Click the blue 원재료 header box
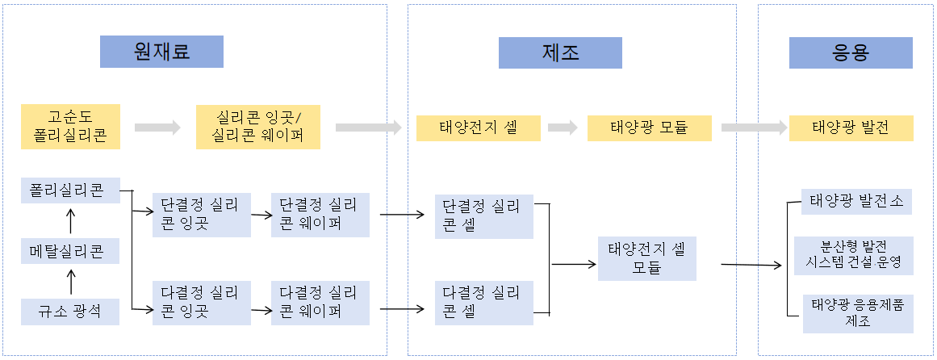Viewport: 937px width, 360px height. (161, 52)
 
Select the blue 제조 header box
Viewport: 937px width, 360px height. (561, 52)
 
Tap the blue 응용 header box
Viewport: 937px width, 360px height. (851, 52)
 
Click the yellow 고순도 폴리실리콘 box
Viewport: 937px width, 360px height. (71, 127)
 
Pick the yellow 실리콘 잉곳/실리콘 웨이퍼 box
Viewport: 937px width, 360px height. (257, 127)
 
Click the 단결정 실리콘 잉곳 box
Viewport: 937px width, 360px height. (201, 215)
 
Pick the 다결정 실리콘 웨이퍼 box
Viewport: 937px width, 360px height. (320, 303)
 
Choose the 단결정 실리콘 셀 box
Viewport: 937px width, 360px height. (484, 216)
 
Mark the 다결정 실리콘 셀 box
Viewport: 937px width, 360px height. (484, 303)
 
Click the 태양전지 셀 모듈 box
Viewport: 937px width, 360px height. (646, 258)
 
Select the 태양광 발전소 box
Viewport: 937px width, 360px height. (856, 202)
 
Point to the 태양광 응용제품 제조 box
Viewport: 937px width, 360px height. (858, 313)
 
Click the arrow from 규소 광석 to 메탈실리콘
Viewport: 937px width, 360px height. (71, 282)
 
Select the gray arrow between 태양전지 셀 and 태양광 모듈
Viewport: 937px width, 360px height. (563, 128)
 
